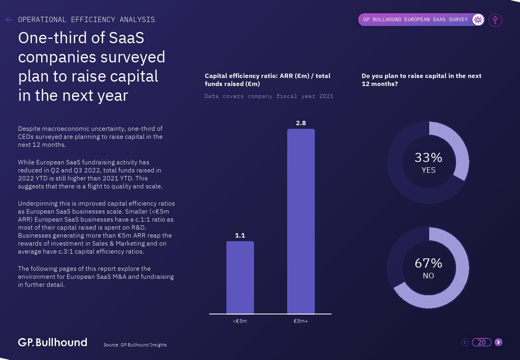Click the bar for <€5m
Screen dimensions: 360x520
pyautogui.click(x=240, y=278)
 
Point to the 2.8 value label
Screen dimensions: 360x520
pyautogui.click(x=301, y=123)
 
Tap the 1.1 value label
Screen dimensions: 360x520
pyautogui.click(x=240, y=236)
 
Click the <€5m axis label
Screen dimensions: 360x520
pyautogui.click(x=240, y=321)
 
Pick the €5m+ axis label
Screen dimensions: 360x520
pyautogui.click(x=301, y=321)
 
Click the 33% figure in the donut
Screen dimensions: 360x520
pyautogui.click(x=428, y=158)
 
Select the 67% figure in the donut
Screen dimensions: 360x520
pyautogui.click(x=428, y=263)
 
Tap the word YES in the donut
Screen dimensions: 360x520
pyautogui.click(x=428, y=170)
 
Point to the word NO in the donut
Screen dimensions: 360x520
pyautogui.click(x=428, y=276)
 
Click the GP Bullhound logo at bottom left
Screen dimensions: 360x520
pyautogui.click(x=52, y=342)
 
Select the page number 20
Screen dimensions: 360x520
pyautogui.click(x=482, y=342)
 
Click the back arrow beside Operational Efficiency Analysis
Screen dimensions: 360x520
pyautogui.click(x=9, y=20)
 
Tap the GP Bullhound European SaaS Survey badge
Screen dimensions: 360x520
pyautogui.click(x=416, y=20)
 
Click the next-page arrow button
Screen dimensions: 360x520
pyautogui.click(x=498, y=342)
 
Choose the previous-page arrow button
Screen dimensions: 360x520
pyautogui.click(x=465, y=342)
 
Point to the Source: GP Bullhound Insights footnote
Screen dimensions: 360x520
pyautogui.click(x=135, y=345)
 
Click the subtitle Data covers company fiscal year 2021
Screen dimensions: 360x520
pyautogui.click(x=269, y=96)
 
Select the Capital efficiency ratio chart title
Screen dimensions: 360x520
pyautogui.click(x=268, y=80)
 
